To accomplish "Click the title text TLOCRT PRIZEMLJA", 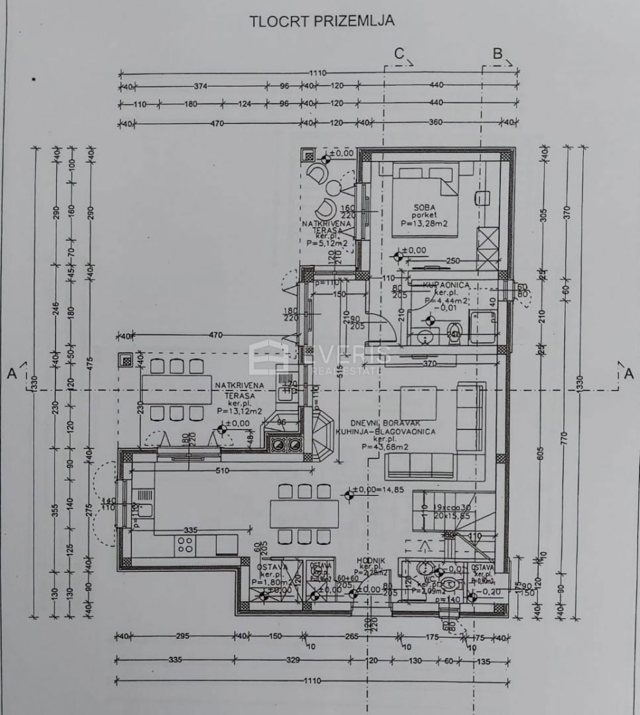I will coord(321,21).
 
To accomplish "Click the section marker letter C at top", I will coord(399,54).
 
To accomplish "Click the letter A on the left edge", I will coord(11,373).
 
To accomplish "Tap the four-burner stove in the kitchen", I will coord(185,545).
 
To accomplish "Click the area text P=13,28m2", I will coord(425,224).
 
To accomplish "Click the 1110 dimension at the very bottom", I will coord(312,681).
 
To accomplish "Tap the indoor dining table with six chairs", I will coord(304,513).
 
